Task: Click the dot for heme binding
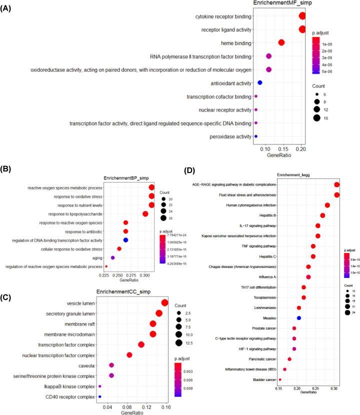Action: click(x=281, y=43)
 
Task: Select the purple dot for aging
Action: click(x=113, y=257)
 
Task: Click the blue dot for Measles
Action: click(x=299, y=318)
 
